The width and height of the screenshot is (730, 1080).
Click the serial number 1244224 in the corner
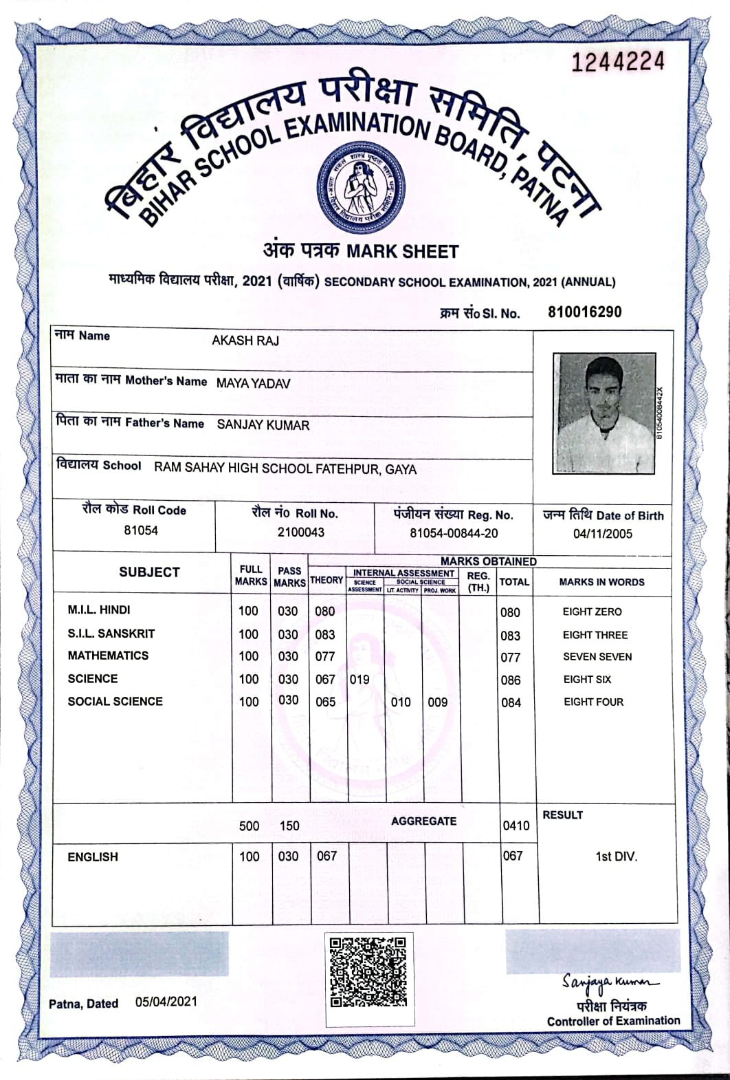618,62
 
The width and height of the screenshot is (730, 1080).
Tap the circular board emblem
360,188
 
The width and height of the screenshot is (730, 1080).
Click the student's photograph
604,413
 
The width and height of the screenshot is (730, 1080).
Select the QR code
368,971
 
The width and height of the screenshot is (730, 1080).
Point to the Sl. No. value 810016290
584,312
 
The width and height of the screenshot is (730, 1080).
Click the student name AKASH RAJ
245,341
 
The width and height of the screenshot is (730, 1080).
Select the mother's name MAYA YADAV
253,383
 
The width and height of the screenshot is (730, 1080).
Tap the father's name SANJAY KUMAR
263,425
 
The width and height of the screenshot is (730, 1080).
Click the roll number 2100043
301,532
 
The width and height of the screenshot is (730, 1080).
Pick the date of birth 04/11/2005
602,534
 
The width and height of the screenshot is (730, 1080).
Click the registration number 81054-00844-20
454,533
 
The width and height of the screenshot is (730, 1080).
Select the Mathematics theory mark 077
325,656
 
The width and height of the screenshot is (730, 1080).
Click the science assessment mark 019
360,679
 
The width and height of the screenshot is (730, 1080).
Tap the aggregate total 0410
516,825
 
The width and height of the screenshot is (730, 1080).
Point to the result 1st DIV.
616,856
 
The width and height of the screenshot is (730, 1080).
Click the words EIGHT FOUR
593,702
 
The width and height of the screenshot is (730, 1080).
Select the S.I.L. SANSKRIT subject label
111,634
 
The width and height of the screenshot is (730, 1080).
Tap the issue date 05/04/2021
166,1001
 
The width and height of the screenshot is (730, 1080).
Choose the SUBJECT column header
149,572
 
